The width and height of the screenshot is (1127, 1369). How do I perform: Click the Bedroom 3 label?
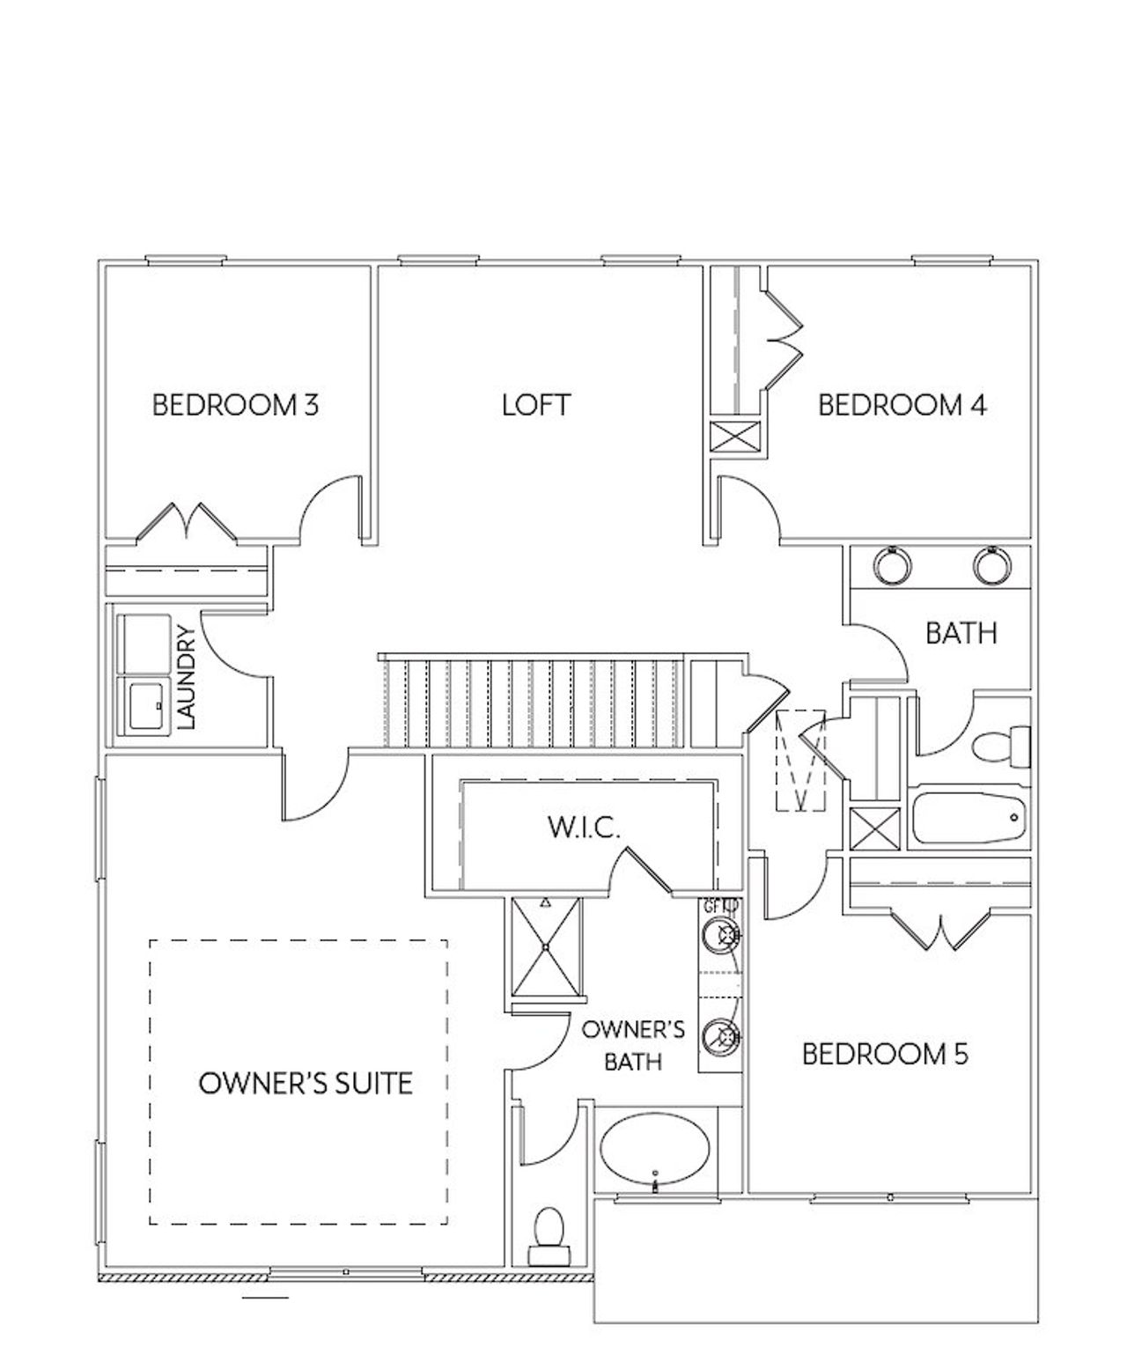235,405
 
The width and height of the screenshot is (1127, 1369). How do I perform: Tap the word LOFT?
536,405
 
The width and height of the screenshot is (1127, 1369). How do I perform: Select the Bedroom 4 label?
902,405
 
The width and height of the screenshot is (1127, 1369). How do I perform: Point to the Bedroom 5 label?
885,1054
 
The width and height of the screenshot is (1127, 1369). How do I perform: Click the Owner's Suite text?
306,1083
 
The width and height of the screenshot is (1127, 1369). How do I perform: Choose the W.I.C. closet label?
585,828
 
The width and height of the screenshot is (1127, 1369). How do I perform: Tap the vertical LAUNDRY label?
187,677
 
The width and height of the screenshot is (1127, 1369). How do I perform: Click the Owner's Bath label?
633,1045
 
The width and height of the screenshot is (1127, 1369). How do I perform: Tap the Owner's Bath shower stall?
546,947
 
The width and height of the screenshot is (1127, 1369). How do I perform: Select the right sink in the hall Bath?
992,565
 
